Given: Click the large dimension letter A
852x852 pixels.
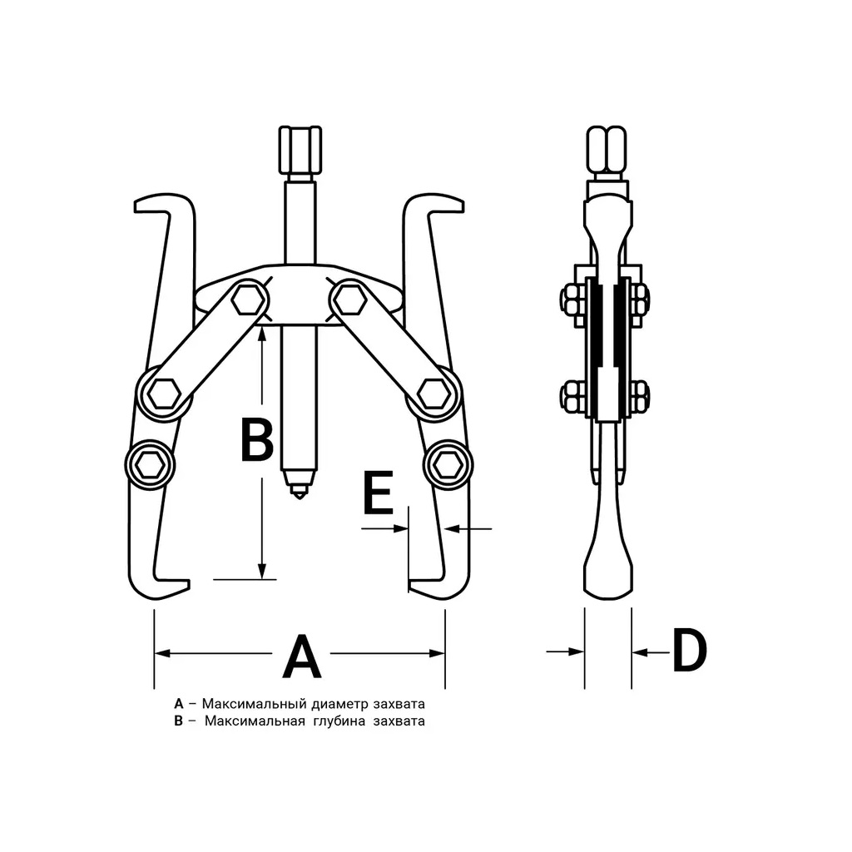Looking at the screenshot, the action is [302, 656].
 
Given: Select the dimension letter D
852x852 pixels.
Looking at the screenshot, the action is [689, 650].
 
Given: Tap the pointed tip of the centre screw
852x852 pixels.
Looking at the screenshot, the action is [299, 498].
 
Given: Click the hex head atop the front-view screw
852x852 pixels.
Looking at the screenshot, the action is [300, 148].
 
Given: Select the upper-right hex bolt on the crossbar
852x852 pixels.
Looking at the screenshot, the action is [349, 299].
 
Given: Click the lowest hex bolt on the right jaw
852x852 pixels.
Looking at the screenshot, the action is [449, 466].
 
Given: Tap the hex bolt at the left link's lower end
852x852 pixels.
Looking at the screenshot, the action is [164, 393].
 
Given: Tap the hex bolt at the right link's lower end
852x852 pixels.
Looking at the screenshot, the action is [435, 393].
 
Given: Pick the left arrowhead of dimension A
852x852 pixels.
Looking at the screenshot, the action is [163, 653].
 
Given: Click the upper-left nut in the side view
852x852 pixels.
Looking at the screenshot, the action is [571, 299].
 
